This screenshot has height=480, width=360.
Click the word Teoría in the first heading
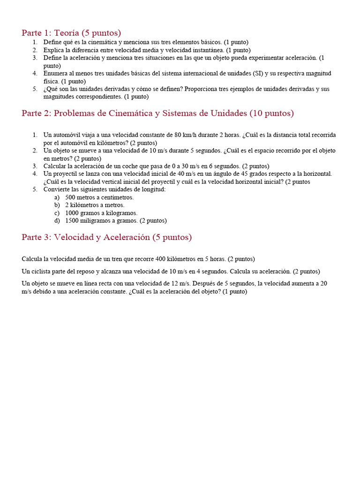pyautogui.click(x=67, y=33)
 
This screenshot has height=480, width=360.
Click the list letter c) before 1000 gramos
pyautogui.click(x=57, y=213)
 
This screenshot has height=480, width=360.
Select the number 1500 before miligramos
pyautogui.click(x=73, y=220)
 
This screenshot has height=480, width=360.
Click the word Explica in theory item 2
pyautogui.click(x=54, y=50)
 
